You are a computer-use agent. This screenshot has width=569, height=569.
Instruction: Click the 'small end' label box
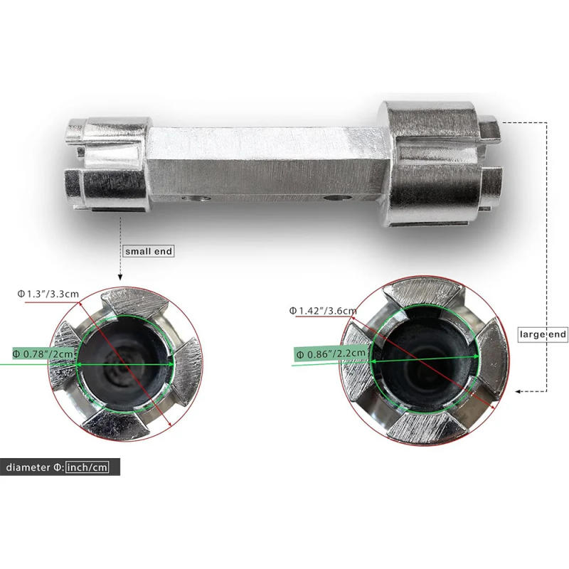149,251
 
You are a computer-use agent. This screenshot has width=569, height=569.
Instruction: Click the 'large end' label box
543,334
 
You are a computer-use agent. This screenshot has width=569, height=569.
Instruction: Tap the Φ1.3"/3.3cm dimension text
48,294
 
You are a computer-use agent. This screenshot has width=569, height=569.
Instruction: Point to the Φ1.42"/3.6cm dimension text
323,311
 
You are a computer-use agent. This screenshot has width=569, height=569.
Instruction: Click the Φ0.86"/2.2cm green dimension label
331,353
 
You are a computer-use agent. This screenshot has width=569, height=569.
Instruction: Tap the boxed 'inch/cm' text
87,467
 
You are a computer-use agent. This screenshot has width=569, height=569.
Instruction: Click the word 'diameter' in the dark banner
28,467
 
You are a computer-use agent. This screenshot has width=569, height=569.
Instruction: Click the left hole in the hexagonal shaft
196,198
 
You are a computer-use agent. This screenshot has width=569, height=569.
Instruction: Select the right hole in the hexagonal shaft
337,198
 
